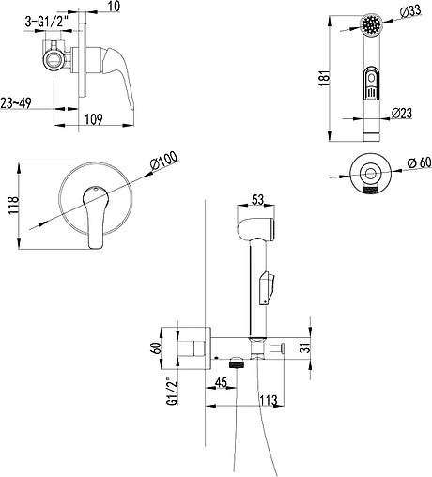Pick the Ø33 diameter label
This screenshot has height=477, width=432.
coord(410,11)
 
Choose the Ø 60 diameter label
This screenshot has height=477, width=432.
coord(414,163)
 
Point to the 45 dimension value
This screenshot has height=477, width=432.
coord(222,382)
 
